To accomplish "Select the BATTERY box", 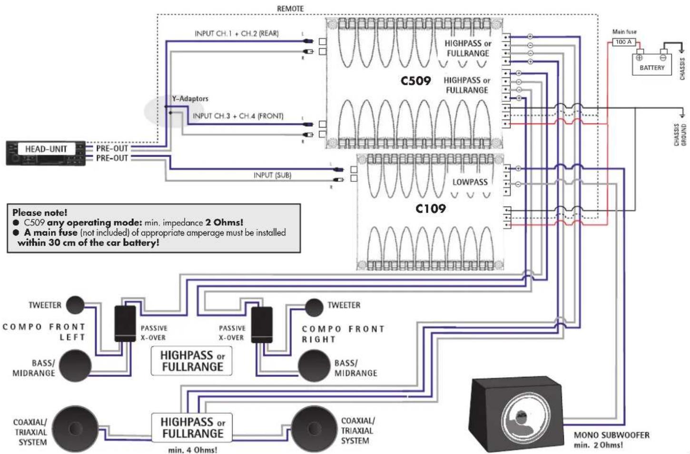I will pos(651,65).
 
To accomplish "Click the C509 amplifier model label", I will pos(415,81).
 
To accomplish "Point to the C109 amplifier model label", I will pos(430,208).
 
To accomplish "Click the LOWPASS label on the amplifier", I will pos(470,182).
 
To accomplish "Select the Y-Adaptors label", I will pos(190,99).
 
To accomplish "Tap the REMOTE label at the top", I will pos(290,9).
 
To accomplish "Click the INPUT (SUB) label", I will pos(272,175).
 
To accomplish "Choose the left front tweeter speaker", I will pos(75,305).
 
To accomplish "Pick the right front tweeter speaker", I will pos(314,307).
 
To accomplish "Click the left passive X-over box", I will pos(125,324).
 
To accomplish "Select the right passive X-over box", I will pos(262,325).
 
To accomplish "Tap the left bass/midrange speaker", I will pos(75,365).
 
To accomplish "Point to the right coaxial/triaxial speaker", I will pos(314,429).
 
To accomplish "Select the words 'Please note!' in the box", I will pos(40,212).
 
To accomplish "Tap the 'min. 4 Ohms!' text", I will pos(192,449).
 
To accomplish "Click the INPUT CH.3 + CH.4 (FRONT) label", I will pos(238,116).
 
